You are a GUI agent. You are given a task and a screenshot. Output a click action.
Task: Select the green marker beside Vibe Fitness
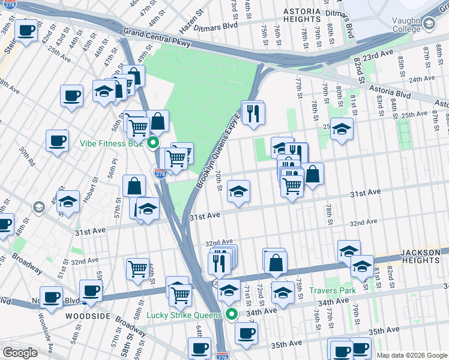[153, 143]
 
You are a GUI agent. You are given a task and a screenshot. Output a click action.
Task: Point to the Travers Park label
[333, 290]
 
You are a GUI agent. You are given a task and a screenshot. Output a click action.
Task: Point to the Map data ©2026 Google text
[412, 355]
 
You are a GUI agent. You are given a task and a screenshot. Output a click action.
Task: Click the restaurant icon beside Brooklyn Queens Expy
[253, 112]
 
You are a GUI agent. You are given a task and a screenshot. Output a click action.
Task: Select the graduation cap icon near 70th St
[238, 191]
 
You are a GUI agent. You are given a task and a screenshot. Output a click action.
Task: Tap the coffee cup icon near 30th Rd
[57, 141]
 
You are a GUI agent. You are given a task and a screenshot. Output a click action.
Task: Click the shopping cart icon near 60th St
[138, 268]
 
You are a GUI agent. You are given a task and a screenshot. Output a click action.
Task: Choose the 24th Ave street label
[421, 79]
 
